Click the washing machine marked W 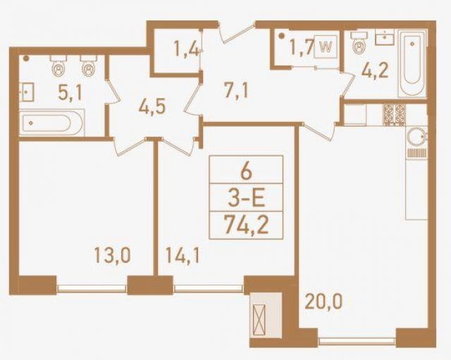tap(325, 48)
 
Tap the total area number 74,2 tap(247, 225)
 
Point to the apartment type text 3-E tap(247, 198)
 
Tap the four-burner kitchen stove tap(393, 112)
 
